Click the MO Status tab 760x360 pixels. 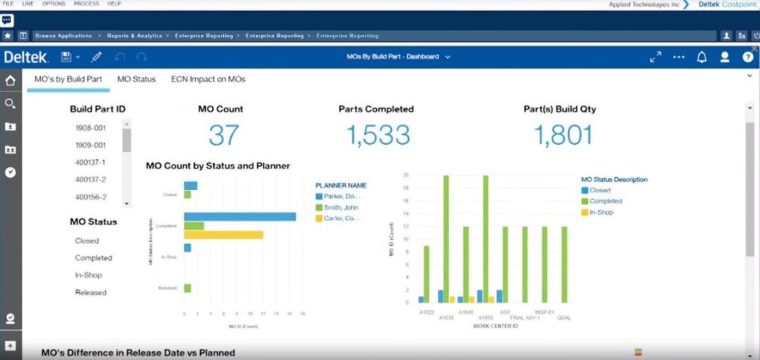[x=136, y=79]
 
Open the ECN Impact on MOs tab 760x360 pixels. [x=208, y=79]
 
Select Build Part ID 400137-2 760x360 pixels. [x=90, y=180]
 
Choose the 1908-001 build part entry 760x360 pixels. [x=90, y=127]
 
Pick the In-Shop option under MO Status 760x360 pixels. [x=88, y=275]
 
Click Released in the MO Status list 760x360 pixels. [x=90, y=293]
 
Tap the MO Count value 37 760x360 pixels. [x=223, y=135]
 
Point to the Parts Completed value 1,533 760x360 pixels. [x=378, y=135]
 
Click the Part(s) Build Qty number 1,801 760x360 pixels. [x=563, y=135]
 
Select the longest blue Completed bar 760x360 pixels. [x=240, y=217]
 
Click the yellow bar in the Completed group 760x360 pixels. [x=223, y=235]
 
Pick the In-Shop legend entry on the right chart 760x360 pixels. [x=601, y=212]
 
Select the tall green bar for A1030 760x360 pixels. [x=446, y=238]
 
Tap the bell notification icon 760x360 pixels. [x=701, y=57]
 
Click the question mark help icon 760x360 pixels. [x=747, y=57]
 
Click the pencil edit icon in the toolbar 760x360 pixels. [x=97, y=57]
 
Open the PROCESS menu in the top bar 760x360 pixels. [x=86, y=4]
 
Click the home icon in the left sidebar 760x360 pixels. [x=10, y=81]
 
